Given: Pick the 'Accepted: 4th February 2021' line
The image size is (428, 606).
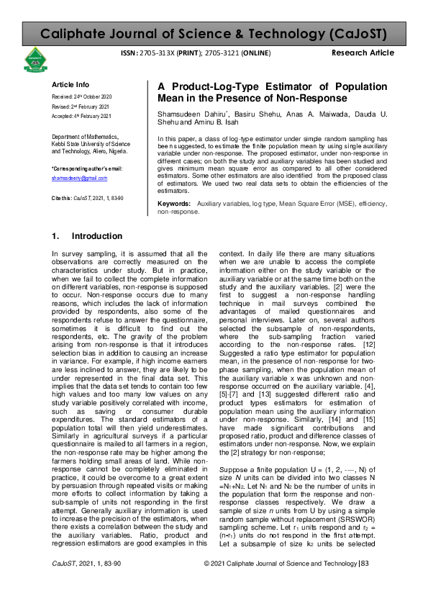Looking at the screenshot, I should click(x=81, y=116).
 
